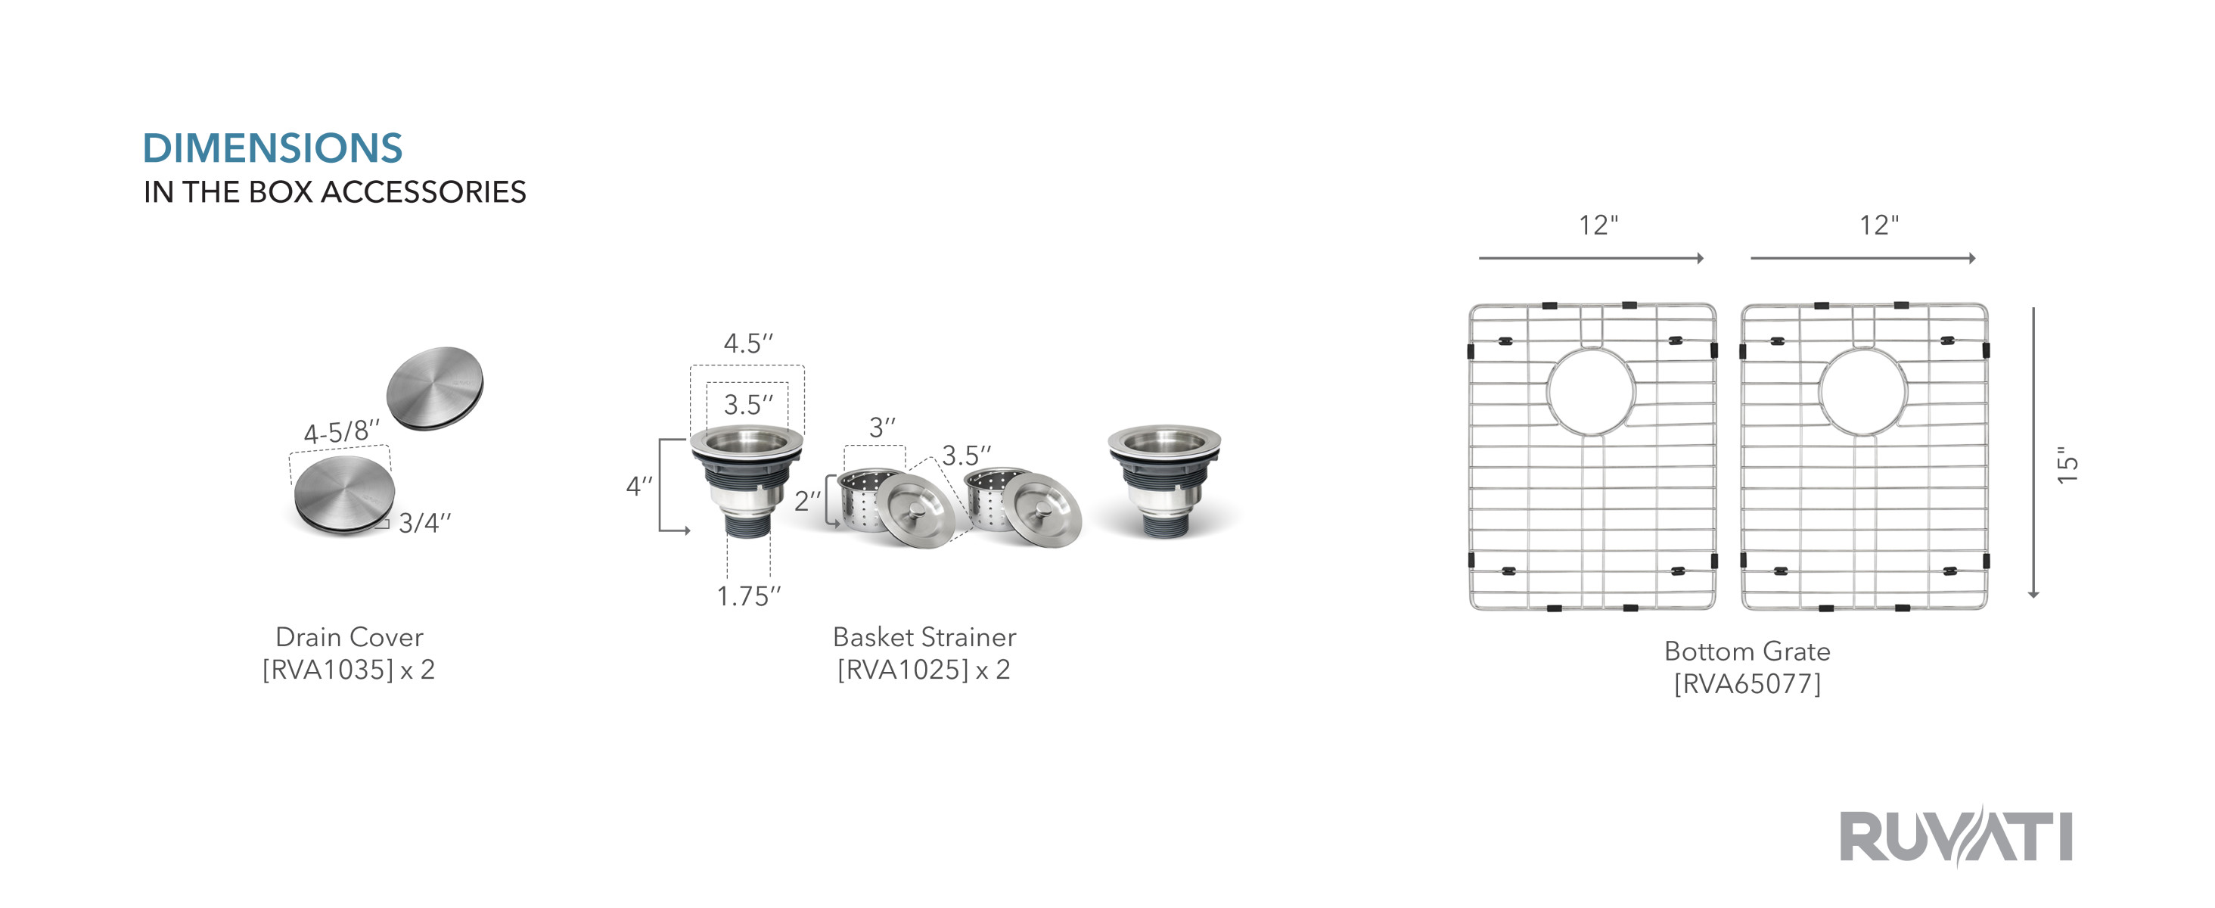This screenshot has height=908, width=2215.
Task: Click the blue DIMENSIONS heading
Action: [x=272, y=148]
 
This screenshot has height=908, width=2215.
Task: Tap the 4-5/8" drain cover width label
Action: [x=341, y=431]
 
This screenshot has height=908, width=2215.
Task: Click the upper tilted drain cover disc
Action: [x=435, y=389]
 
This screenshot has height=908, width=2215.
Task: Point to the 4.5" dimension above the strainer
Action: [x=748, y=343]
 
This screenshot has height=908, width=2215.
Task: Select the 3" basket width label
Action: [x=882, y=428]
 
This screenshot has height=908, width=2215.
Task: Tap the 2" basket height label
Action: [x=807, y=500]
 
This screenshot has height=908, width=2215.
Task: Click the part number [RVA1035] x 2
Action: [x=348, y=669]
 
